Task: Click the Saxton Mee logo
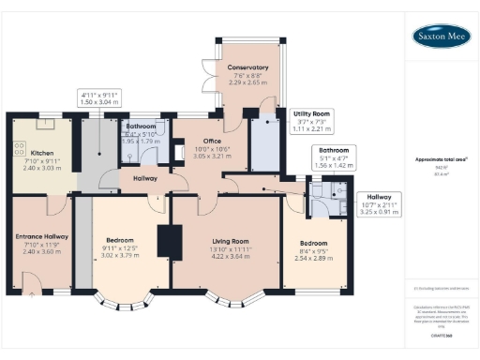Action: (x=440, y=37)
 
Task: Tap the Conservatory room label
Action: (x=248, y=67)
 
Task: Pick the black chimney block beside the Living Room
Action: (x=171, y=241)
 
